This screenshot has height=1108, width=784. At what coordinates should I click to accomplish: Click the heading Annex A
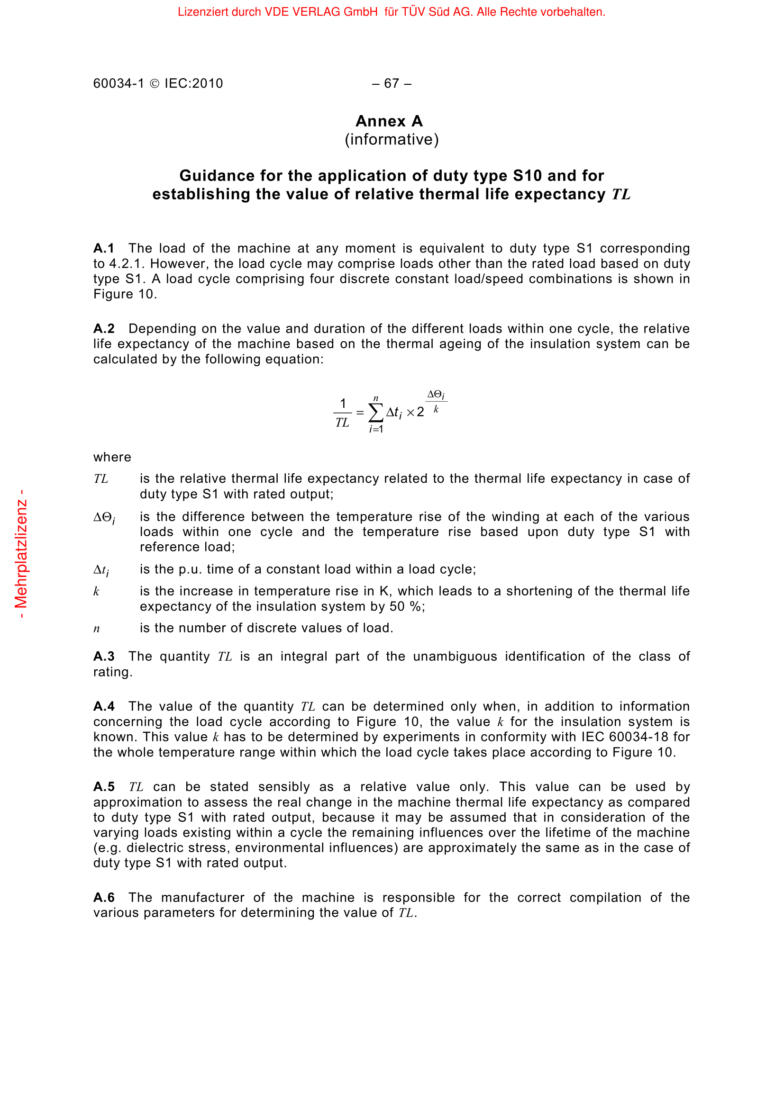389,121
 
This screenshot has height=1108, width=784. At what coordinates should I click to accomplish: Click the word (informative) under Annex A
392,139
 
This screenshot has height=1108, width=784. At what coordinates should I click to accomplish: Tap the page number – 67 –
392,83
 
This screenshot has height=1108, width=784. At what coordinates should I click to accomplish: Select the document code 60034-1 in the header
119,83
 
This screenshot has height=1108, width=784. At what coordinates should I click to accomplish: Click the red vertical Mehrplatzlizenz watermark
21,554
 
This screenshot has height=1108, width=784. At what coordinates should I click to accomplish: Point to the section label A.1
104,249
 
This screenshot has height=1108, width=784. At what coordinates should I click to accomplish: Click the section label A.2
104,329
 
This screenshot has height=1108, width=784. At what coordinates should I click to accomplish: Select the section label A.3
104,657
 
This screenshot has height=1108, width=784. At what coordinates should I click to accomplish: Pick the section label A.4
104,706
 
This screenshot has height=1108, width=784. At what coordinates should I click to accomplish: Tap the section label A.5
104,787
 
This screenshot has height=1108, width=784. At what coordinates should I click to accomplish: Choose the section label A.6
104,898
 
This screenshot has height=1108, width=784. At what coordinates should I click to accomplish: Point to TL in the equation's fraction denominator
342,423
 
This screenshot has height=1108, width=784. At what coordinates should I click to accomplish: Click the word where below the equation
112,457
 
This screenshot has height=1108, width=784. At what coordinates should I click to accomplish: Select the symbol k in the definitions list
97,592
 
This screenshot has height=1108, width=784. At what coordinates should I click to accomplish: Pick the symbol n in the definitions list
97,629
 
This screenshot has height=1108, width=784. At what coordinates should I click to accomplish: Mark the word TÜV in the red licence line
413,11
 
